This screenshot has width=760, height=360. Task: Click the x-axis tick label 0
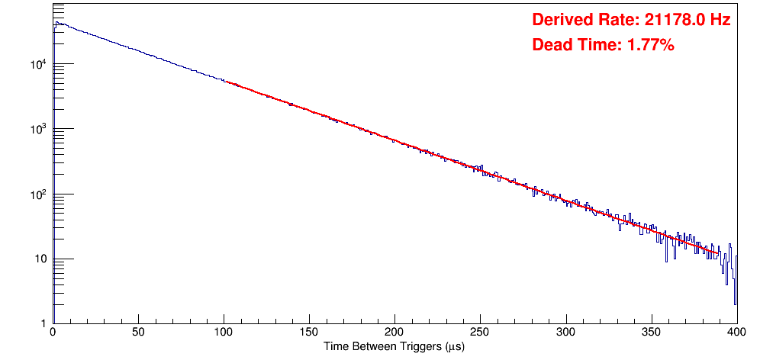pos(52,333)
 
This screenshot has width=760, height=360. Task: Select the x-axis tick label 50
pos(138,333)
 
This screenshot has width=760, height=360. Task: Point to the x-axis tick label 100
pos(224,333)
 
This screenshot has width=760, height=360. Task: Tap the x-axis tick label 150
pos(309,333)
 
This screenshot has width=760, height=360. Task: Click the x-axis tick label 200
pos(394,333)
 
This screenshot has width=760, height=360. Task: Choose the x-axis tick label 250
pos(480,333)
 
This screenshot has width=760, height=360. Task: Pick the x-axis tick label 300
pos(565,333)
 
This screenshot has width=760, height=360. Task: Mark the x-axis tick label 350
pos(651,333)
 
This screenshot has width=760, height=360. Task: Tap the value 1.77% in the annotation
pos(650,45)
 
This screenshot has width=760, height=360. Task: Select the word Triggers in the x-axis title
pos(417,347)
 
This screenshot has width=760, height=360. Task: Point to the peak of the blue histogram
pos(56,23)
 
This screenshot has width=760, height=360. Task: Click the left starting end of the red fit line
pos(226,82)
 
